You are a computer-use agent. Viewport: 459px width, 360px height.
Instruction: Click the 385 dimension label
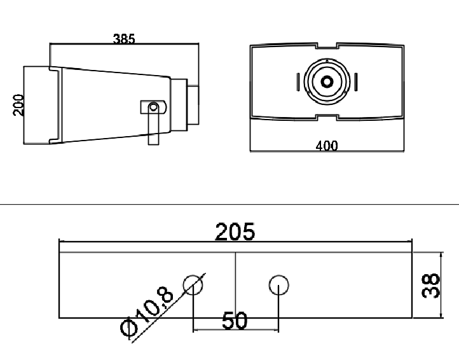(124, 38)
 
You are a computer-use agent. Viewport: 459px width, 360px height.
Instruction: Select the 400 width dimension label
(326, 146)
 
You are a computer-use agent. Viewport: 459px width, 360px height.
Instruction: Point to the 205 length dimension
(235, 232)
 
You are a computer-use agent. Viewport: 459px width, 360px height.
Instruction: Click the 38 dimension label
(432, 286)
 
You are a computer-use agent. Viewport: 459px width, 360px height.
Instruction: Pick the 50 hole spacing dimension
(235, 321)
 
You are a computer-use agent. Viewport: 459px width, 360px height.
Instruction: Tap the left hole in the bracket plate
(193, 285)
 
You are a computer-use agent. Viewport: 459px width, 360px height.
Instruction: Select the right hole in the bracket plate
(278, 285)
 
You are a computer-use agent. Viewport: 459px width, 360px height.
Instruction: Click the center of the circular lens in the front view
(327, 81)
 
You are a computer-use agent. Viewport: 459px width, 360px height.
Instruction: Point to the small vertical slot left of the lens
(298, 82)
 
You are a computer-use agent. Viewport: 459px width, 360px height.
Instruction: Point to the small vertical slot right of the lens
(356, 82)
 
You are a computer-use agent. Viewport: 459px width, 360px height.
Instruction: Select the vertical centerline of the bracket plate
(235, 280)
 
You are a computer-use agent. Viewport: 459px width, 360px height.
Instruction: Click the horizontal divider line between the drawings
(229, 204)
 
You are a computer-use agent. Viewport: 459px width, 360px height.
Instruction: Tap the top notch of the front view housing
(326, 46)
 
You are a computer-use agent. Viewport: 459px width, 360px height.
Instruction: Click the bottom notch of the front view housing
(326, 116)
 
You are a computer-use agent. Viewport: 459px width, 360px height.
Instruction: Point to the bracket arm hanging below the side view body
(152, 130)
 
